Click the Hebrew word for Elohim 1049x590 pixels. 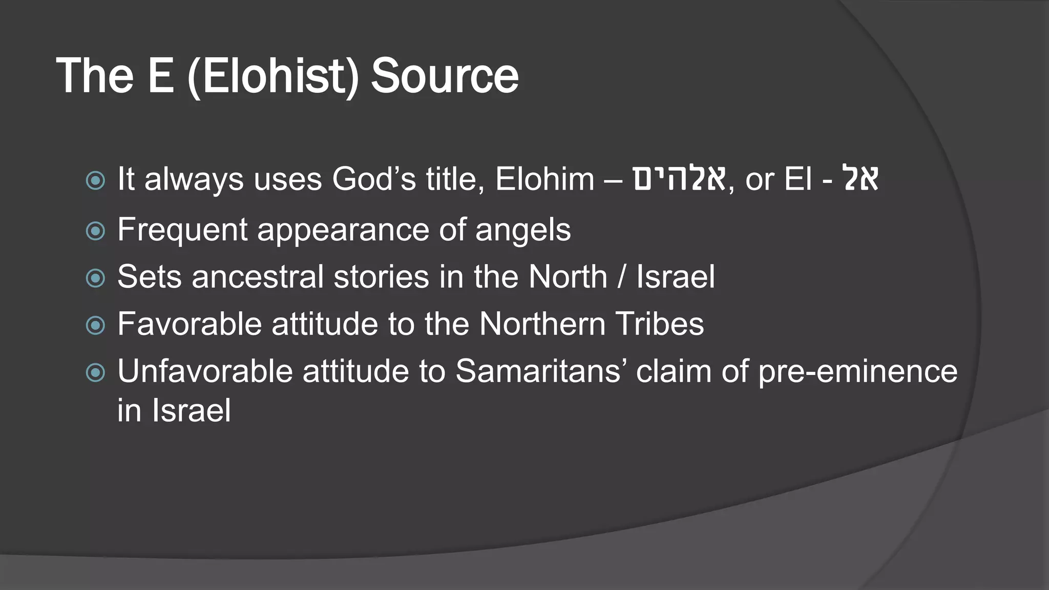coord(679,179)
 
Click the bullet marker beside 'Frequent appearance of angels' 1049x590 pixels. coord(95,230)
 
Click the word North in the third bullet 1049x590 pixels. coord(567,277)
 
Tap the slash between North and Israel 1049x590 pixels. coord(621,277)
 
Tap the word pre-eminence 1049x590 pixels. coord(858,372)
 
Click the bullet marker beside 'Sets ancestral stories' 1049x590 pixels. coord(95,278)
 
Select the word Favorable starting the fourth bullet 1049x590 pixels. coord(190,324)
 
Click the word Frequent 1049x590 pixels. coord(182,230)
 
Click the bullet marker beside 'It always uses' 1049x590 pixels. coord(95,180)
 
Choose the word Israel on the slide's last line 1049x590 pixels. coord(191,411)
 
